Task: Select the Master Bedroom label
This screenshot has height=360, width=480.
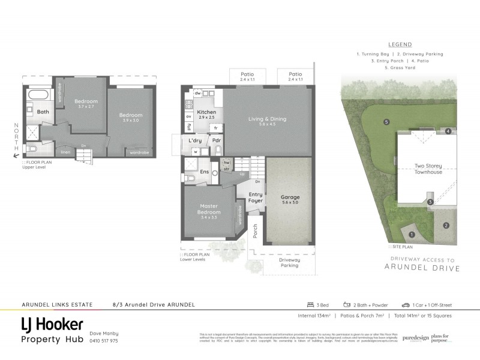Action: click(x=209, y=209)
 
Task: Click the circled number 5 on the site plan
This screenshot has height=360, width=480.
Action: click(x=387, y=122)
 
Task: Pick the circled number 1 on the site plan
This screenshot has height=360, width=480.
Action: click(x=412, y=235)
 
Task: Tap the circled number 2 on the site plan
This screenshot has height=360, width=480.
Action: click(x=446, y=226)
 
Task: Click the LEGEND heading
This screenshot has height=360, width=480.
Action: click(x=400, y=44)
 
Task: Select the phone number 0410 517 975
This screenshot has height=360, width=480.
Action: click(x=103, y=341)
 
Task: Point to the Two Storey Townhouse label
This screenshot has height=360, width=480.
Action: click(x=428, y=169)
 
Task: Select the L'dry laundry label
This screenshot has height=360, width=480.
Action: click(x=195, y=140)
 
